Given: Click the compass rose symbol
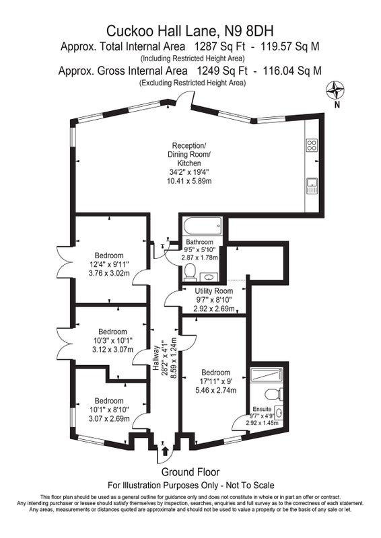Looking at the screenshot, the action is point(335,90).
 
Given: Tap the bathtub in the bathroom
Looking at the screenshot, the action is point(202,227).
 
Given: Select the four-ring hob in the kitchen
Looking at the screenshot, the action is point(312,145).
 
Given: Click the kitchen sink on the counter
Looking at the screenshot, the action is point(312,186).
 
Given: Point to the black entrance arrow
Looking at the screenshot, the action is point(165,451).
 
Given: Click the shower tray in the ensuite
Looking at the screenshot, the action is point(267,375).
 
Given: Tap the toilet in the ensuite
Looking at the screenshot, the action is point(275,394).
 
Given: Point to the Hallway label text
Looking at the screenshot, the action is point(156,358).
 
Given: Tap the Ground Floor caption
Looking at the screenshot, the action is point(190,472).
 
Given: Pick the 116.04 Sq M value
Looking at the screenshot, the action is point(292,71).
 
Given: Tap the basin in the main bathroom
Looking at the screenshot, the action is point(207,276).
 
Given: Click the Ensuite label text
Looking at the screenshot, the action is point(262,409).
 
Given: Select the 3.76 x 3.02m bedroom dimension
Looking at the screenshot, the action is point(109,273).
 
